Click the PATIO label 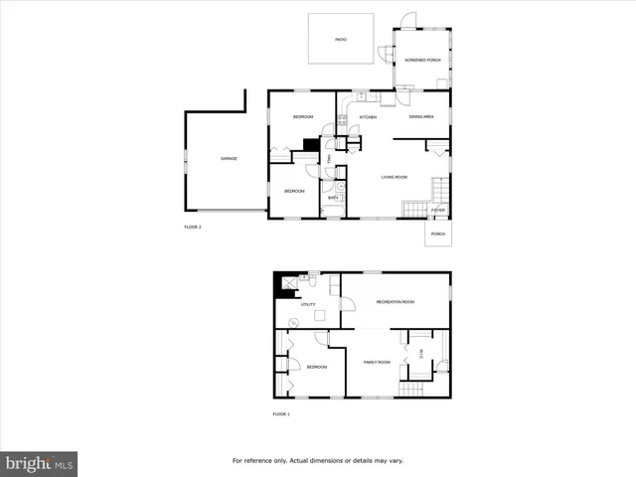click(340, 40)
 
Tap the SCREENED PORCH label click(422, 61)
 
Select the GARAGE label click(229, 159)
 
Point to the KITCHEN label click(368, 118)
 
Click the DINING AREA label click(421, 118)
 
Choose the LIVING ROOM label click(395, 178)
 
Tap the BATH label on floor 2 click(335, 198)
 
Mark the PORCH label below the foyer click(438, 235)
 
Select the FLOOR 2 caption click(193, 228)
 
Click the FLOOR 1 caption click(281, 413)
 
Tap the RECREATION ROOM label click(395, 302)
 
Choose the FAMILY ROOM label click(376, 362)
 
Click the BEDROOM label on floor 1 click(316, 368)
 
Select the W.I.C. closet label click(421, 351)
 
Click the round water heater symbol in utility click(294, 322)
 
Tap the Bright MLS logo click(40, 463)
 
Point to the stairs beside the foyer click(413, 209)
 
